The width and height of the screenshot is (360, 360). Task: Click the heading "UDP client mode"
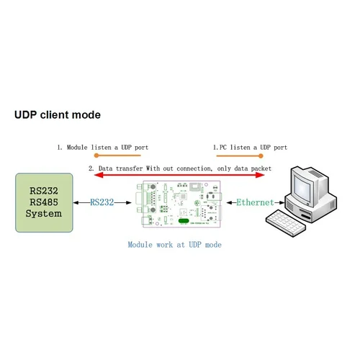pyautogui.click(x=58, y=115)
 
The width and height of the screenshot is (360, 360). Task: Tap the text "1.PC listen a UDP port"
pyautogui.click(x=251, y=147)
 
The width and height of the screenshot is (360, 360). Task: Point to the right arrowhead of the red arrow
pyautogui.click(x=268, y=175)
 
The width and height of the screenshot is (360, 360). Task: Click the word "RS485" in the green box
pyautogui.click(x=44, y=202)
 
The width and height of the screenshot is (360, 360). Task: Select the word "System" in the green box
pyautogui.click(x=44, y=213)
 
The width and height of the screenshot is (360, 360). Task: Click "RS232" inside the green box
pyautogui.click(x=44, y=192)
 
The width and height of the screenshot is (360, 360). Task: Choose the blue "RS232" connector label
pyautogui.click(x=102, y=202)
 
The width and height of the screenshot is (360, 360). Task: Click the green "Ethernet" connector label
pyautogui.click(x=255, y=202)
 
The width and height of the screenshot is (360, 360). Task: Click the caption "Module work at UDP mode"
pyautogui.click(x=175, y=245)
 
